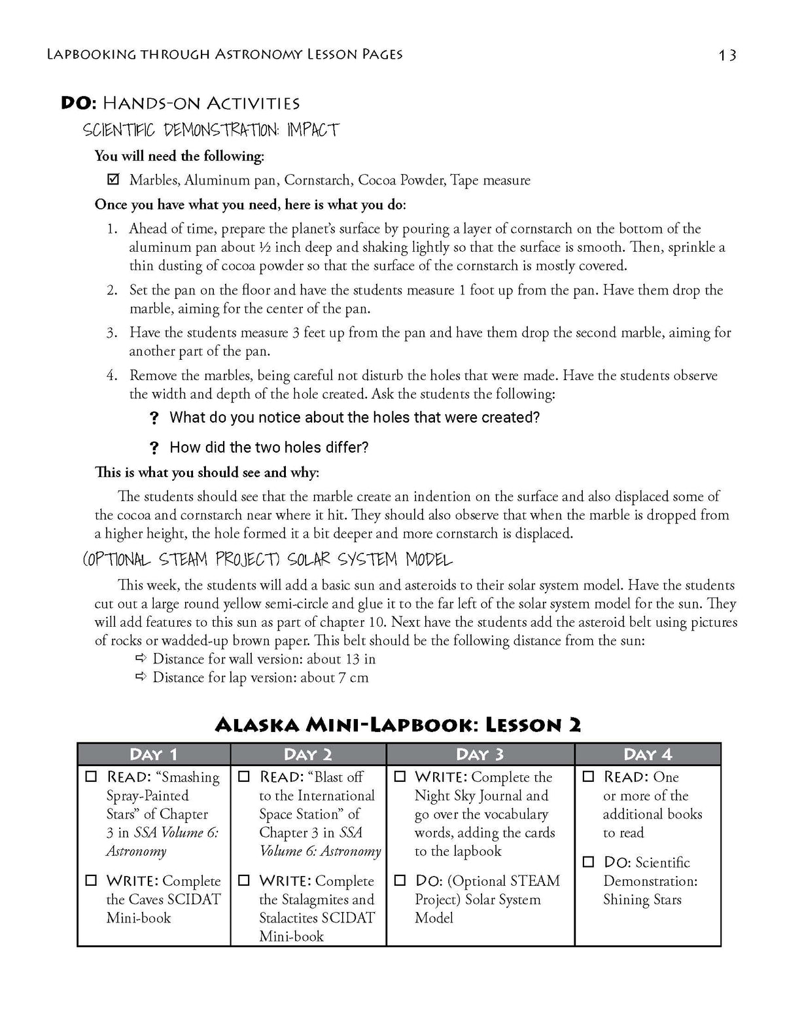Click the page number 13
click(727, 56)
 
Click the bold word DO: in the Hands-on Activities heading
click(79, 103)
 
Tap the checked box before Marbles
click(113, 179)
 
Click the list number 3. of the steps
click(112, 332)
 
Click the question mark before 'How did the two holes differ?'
click(154, 447)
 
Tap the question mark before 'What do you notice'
click(154, 417)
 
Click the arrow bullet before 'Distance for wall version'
click(141, 658)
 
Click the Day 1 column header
click(154, 754)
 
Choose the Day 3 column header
click(480, 754)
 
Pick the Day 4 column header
click(648, 754)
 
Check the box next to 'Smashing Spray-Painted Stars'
click(92, 777)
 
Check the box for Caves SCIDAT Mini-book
click(92, 881)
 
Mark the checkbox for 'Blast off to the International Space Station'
click(244, 777)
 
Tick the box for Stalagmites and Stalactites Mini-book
click(244, 881)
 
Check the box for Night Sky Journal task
click(400, 777)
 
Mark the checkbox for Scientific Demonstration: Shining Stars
click(589, 862)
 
